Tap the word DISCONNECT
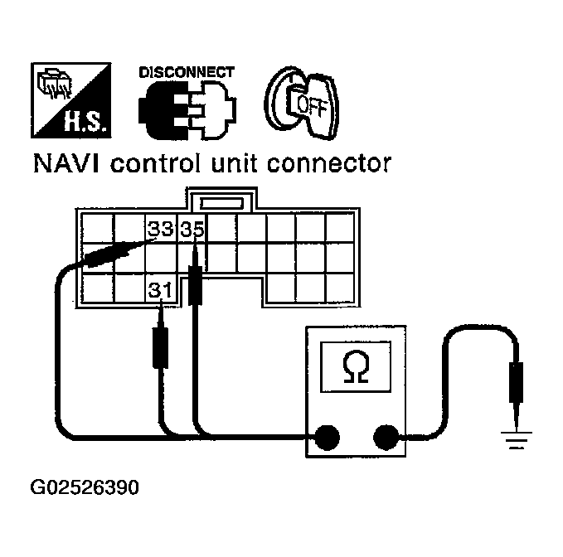click(x=186, y=72)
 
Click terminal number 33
click(x=161, y=230)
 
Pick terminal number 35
click(x=192, y=230)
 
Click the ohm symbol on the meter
click(x=357, y=370)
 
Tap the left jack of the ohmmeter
click(x=326, y=437)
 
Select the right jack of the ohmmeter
click(x=386, y=437)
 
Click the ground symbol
click(x=517, y=439)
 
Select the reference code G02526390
click(x=85, y=487)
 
